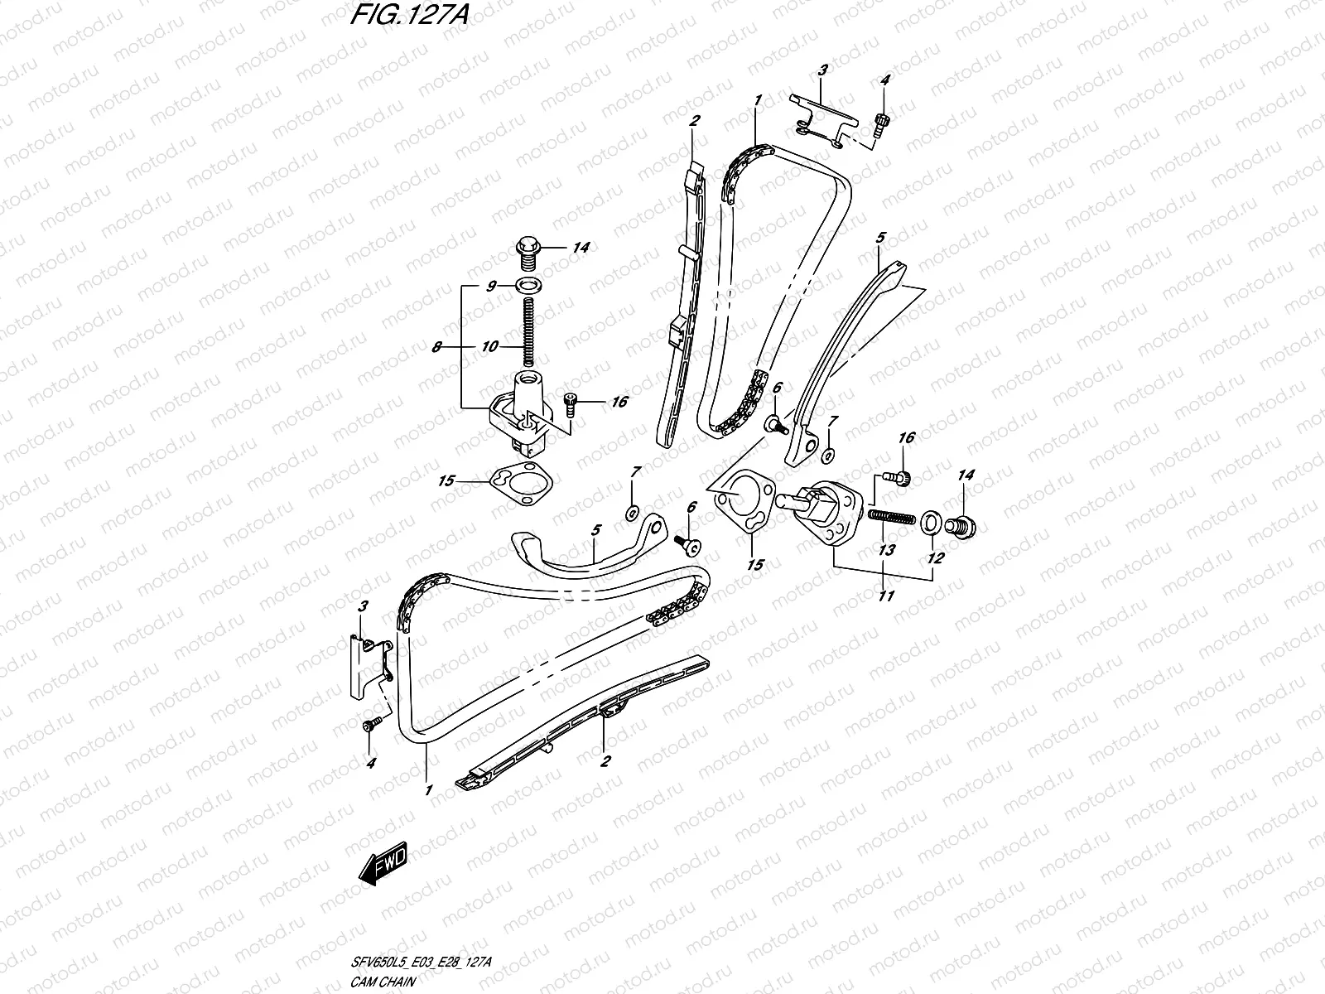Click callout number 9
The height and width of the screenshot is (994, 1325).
tap(490, 286)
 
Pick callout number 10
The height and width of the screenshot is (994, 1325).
tap(490, 345)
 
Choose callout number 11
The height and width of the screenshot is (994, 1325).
tap(885, 595)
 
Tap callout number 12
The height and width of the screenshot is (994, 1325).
tap(935, 558)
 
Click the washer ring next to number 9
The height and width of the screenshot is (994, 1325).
tap(524, 287)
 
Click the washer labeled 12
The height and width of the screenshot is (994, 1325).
tap(931, 522)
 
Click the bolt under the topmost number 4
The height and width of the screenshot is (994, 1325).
tap(880, 124)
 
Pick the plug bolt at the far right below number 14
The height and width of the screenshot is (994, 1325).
tap(964, 525)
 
